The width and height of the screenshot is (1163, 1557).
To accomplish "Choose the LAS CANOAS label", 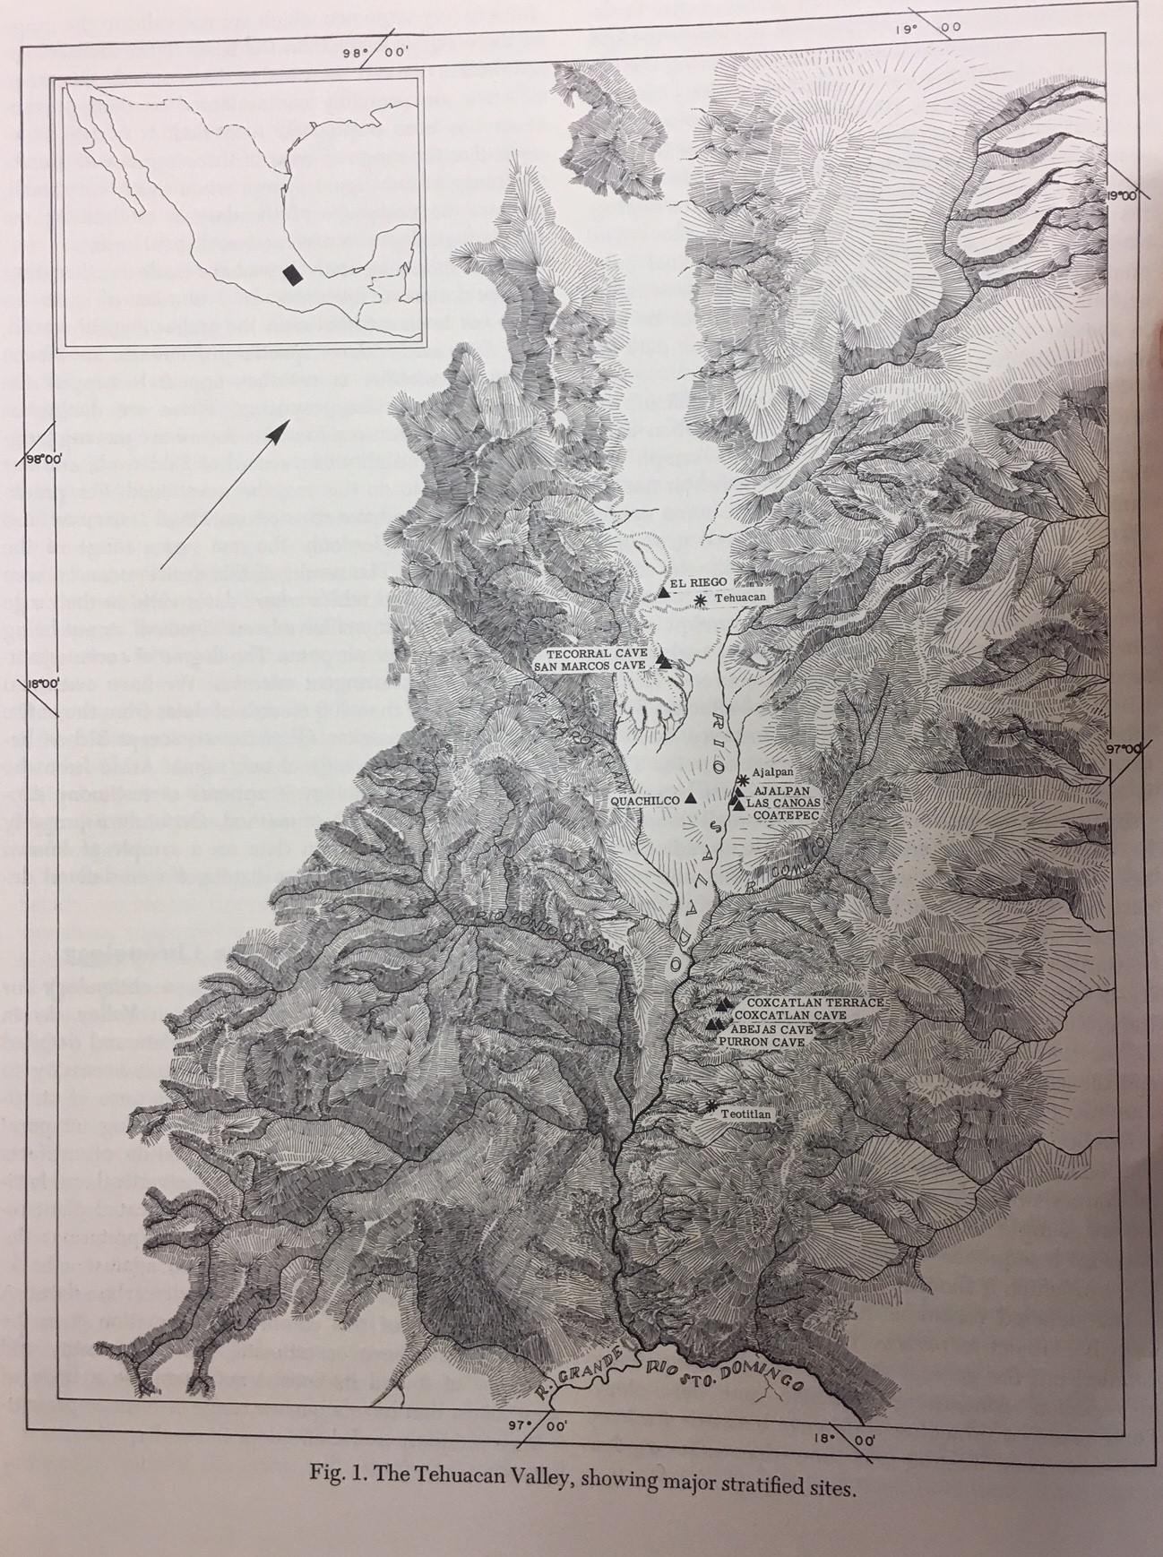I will (x=781, y=804).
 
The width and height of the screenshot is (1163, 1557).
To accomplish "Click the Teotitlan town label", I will (x=750, y=1114).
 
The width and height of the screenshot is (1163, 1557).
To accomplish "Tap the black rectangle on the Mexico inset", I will (x=289, y=273).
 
